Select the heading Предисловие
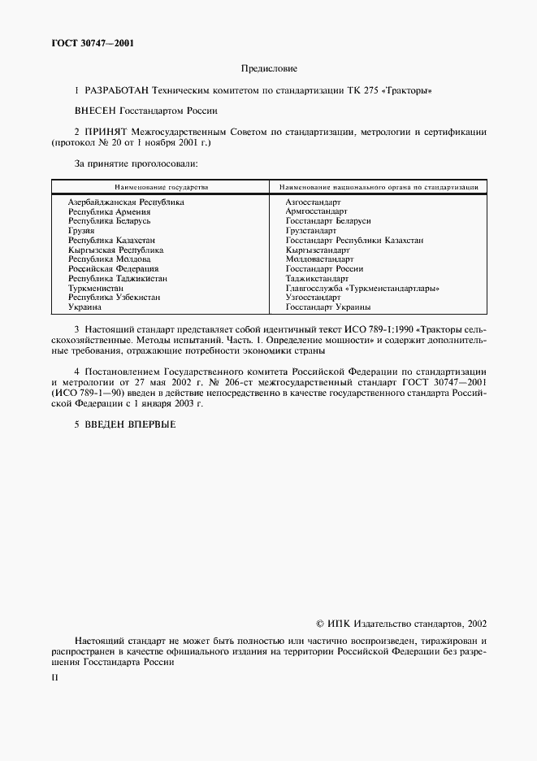pos(269,69)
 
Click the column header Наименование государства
pos(160,187)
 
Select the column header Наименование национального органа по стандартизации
pos(379,187)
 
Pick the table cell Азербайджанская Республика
pos(126,202)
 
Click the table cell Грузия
pos(82,231)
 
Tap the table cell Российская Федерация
pos(114,268)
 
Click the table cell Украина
pos(84,307)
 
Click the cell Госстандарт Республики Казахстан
pos(354,241)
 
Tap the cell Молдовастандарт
pos(319,259)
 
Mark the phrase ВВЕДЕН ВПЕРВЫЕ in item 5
pos(129,424)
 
